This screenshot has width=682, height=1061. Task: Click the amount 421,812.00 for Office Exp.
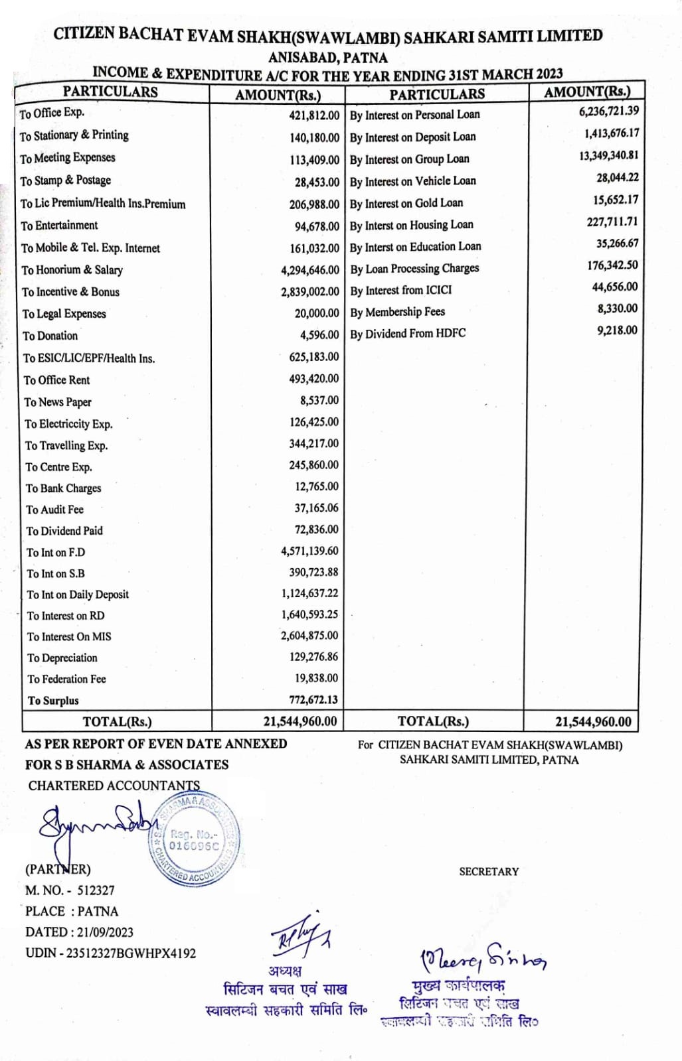tap(313, 115)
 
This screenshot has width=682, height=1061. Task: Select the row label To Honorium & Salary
tap(72, 270)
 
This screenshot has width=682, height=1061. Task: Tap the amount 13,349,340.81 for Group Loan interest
tap(608, 155)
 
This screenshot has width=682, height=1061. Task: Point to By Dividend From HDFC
tap(408, 334)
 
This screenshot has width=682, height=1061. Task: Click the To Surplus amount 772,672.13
tap(313, 699)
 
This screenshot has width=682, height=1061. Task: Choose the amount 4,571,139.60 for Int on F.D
tap(309, 551)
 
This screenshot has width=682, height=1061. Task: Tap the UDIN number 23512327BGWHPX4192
tap(131, 954)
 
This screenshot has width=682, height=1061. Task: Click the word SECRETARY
tap(489, 871)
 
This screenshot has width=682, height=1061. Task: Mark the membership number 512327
tap(96, 890)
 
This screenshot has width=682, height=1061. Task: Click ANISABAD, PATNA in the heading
tap(327, 57)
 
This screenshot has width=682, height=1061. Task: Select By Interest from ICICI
tap(400, 291)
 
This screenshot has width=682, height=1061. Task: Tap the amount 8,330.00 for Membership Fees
tap(617, 309)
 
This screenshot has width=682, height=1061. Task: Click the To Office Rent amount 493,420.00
tap(313, 378)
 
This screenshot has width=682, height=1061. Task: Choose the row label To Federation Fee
tap(66, 679)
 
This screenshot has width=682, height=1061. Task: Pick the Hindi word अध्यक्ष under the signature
tap(284, 971)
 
